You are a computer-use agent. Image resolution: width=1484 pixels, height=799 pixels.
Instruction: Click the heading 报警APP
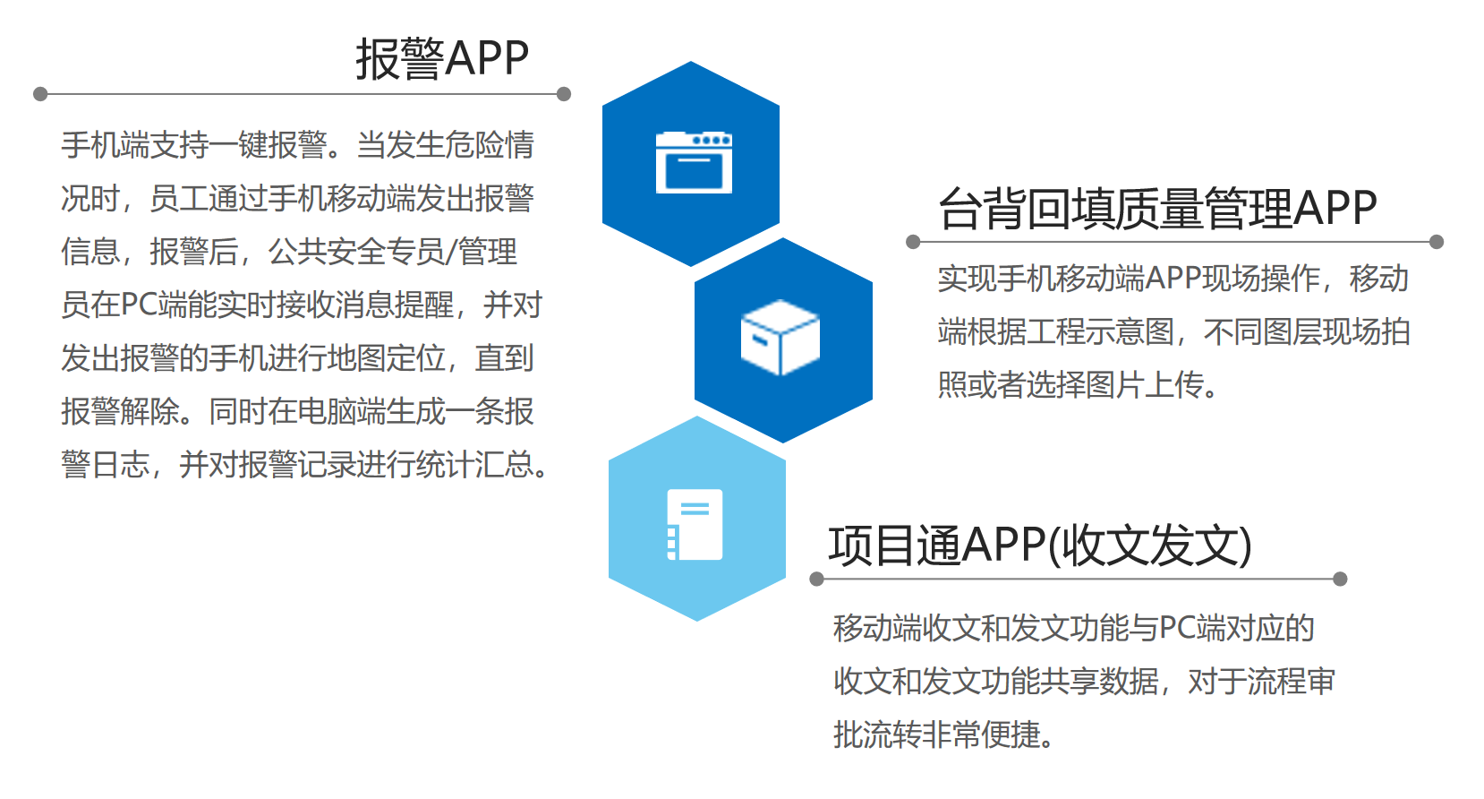442,59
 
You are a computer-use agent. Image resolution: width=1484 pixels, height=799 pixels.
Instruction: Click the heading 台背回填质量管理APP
1157,208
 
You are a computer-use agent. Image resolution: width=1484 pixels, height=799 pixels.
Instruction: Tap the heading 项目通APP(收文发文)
1040,546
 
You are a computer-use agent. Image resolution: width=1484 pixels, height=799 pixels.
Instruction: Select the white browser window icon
694,162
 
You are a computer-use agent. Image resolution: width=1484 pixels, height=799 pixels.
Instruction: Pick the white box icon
780,338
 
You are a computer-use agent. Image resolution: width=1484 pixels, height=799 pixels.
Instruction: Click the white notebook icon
695,525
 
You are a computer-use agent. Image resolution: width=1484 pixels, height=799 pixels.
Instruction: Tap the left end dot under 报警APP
40,94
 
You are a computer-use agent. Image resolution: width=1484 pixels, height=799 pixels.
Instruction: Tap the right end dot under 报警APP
564,94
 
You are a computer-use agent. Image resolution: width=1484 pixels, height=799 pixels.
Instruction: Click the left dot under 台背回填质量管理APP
913,242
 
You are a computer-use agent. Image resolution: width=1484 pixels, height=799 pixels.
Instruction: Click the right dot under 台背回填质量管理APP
1437,242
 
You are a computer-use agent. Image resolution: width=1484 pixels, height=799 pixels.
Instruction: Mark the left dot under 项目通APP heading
817,579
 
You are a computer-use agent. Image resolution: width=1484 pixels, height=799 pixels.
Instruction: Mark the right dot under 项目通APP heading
1340,579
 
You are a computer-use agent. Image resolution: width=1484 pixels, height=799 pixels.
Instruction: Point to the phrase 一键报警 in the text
269,145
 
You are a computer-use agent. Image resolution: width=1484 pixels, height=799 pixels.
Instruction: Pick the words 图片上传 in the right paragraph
1145,385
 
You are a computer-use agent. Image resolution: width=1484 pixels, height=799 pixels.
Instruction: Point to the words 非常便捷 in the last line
981,735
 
